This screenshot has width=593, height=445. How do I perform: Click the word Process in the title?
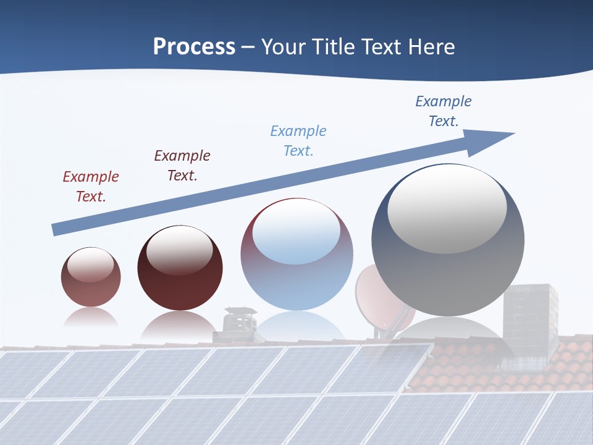pos(194,47)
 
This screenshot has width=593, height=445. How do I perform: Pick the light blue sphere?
pos(296,255)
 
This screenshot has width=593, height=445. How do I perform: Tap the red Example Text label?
pos(91,187)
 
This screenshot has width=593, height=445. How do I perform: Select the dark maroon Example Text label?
pos(182,166)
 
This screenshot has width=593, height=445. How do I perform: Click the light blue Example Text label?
pos(298,141)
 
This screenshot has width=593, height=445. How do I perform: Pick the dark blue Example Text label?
pos(444,111)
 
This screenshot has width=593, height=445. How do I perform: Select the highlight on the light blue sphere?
pos(296,232)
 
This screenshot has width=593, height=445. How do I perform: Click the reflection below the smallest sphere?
pos(91,318)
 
